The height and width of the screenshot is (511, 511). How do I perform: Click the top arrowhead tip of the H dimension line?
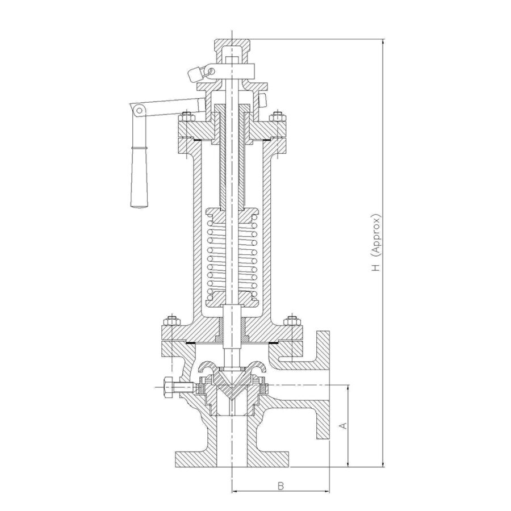pyautogui.click(x=384, y=39)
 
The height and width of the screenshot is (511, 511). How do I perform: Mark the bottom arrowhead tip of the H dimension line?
pyautogui.click(x=384, y=467)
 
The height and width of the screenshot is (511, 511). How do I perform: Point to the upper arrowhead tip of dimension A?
pyautogui.click(x=349, y=385)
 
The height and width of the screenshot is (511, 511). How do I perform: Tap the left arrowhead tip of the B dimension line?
pyautogui.click(x=232, y=492)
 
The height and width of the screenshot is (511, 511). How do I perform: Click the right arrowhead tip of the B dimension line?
pyautogui.click(x=329, y=492)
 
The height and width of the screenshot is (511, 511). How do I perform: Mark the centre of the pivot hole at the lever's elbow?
pyautogui.click(x=139, y=110)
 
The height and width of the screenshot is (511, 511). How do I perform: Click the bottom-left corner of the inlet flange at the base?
pyautogui.click(x=176, y=467)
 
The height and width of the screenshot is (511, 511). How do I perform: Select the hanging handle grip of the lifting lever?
pyautogui.click(x=139, y=175)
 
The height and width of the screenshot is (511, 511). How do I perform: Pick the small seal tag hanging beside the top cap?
pyautogui.click(x=195, y=74)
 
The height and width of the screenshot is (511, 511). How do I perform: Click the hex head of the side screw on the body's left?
pyautogui.click(x=169, y=387)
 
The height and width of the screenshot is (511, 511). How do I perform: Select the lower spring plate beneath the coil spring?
pyautogui.click(x=232, y=299)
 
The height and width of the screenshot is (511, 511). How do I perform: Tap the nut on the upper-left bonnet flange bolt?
pyautogui.click(x=187, y=117)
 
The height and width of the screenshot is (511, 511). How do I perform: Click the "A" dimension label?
pyautogui.click(x=343, y=426)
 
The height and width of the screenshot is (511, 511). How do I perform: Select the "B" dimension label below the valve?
pyautogui.click(x=280, y=485)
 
